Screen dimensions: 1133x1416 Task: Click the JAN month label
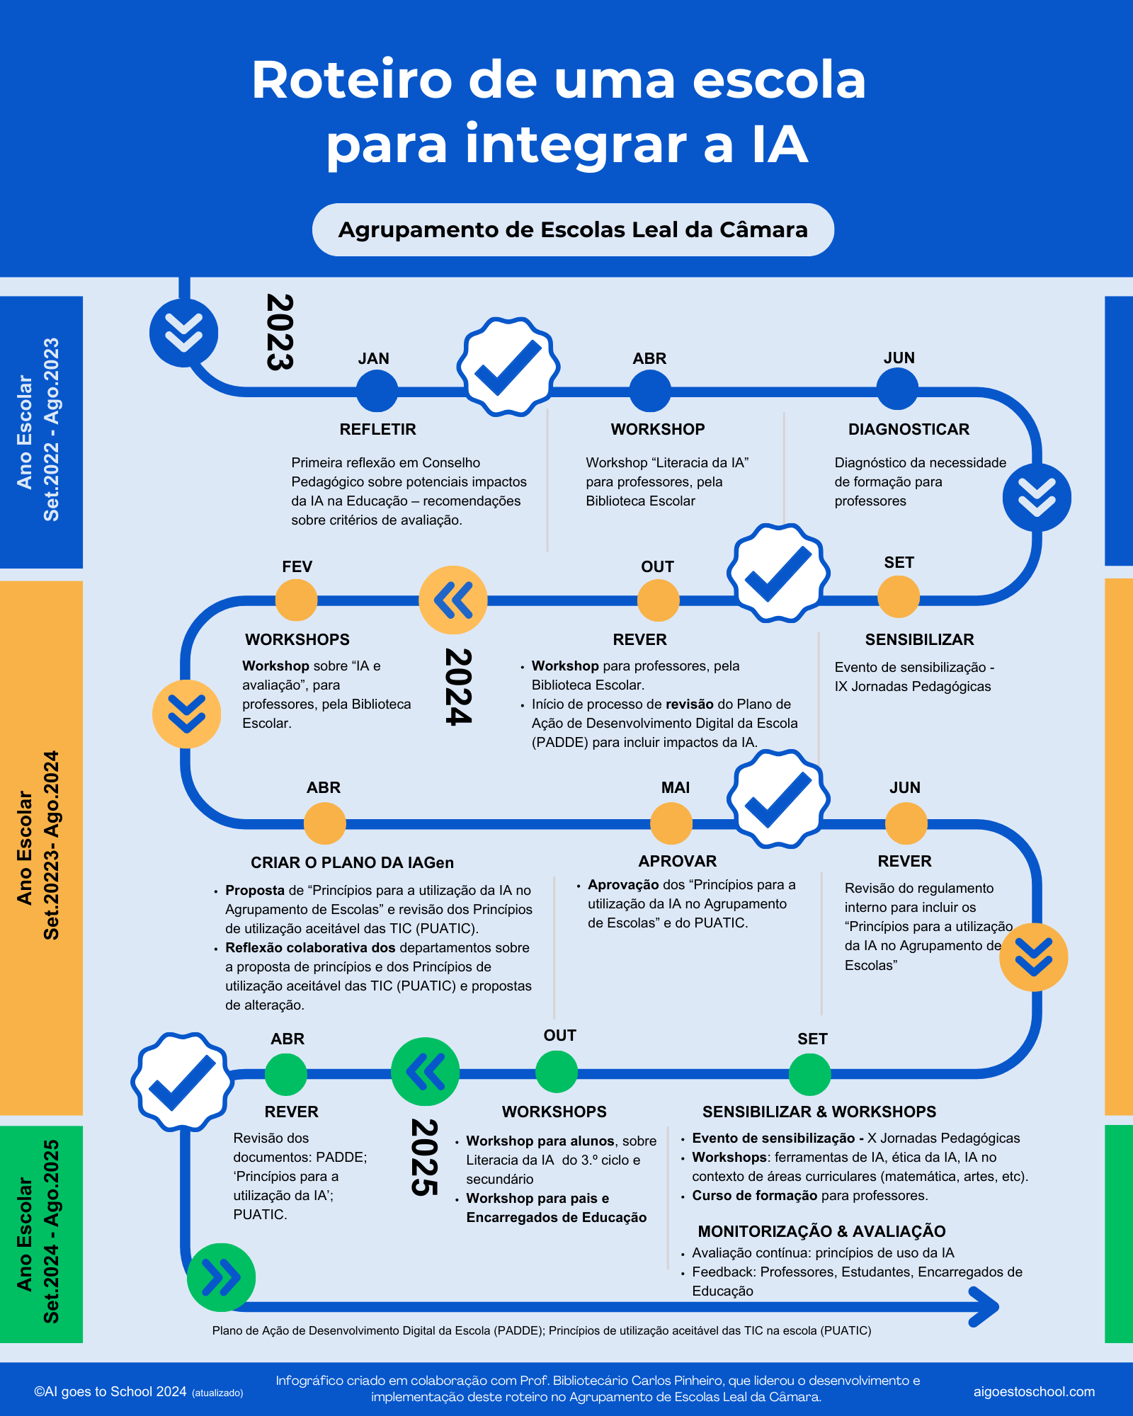[x=373, y=358]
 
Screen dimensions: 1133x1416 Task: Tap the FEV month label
[x=297, y=566]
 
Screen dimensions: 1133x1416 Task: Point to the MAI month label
[x=675, y=787]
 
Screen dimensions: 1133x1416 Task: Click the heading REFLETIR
[x=378, y=429]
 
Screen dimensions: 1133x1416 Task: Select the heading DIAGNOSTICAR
[x=909, y=429]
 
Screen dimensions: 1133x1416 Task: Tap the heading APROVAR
[x=678, y=861]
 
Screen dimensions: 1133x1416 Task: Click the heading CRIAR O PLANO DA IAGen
[x=352, y=862]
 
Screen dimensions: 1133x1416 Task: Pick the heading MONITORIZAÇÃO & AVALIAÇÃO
[x=821, y=1231]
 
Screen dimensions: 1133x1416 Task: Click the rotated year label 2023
[x=280, y=332]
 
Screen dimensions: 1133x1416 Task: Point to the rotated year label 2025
[x=424, y=1158]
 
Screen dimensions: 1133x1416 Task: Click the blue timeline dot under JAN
[x=377, y=390]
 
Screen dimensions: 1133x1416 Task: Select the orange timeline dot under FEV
[x=296, y=600]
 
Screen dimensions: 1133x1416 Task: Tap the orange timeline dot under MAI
[x=671, y=823]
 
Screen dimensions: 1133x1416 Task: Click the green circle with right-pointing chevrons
[x=221, y=1277]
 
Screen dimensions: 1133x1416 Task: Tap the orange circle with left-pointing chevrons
[x=453, y=600]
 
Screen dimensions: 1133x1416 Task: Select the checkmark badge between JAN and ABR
[x=508, y=367]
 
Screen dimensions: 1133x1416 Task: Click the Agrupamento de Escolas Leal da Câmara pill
[x=573, y=229]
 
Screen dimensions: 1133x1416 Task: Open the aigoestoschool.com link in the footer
[x=1034, y=1391]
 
